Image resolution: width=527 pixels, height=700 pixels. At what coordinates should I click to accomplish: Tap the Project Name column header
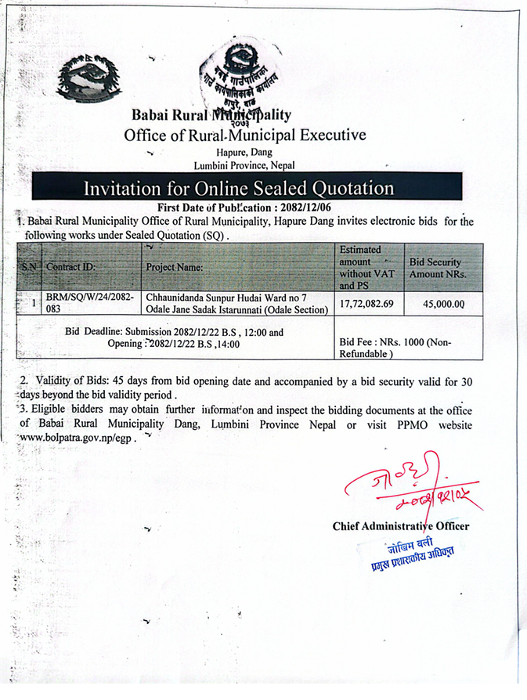(175, 267)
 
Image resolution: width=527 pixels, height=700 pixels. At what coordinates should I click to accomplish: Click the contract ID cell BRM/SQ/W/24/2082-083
(90, 305)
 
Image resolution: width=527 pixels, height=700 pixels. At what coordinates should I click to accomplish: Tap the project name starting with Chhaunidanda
(238, 305)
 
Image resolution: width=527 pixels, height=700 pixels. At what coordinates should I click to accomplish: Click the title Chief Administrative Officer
(400, 526)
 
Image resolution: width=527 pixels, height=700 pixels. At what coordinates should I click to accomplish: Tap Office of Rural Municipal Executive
(244, 135)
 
